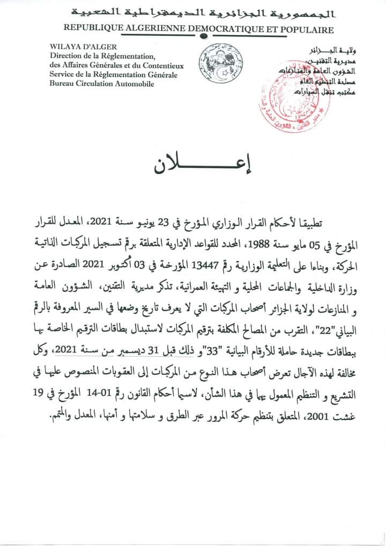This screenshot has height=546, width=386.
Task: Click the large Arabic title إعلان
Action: coord(194,166)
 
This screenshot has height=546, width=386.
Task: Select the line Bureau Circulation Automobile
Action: coord(91,84)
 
